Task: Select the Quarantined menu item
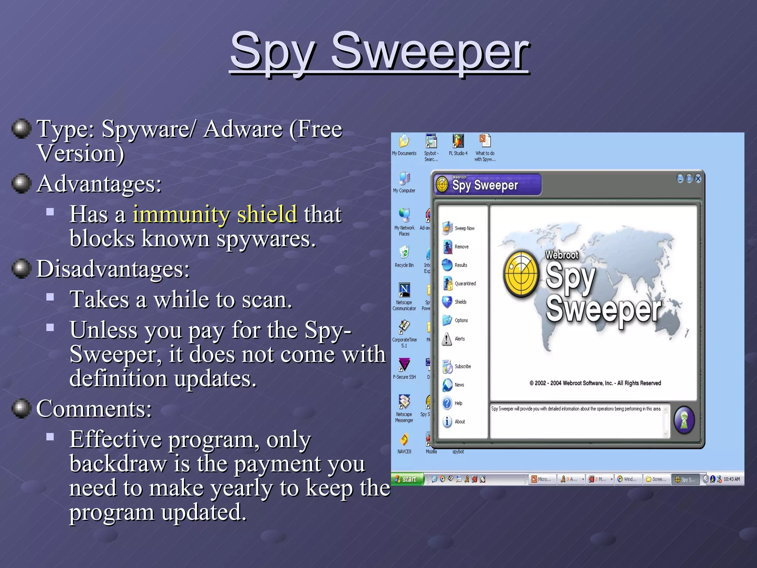pos(460,284)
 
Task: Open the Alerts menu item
pos(454,339)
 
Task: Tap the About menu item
pos(454,422)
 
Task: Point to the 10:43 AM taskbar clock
pos(731,479)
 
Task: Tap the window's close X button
pos(698,179)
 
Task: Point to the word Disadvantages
pos(113,269)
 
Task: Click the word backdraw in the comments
pos(118,464)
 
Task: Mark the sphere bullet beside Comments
pos(21,408)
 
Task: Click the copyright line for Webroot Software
pos(595,383)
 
